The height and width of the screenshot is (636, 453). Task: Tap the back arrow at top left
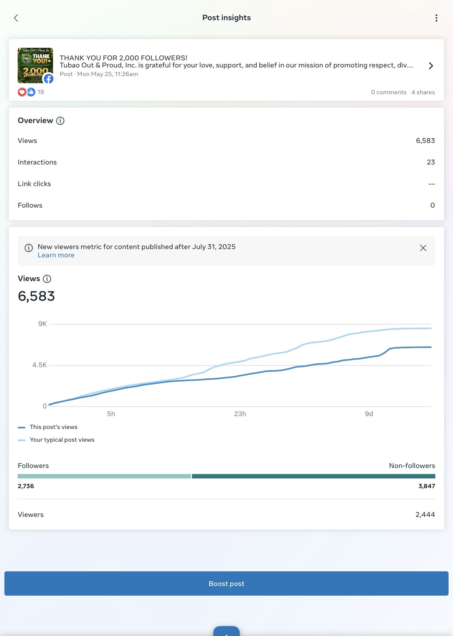tap(16, 18)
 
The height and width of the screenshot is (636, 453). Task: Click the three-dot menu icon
tap(436, 18)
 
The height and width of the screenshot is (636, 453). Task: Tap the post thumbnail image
tap(35, 66)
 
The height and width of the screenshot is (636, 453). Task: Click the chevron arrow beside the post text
tap(431, 66)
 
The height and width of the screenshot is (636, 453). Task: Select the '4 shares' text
tap(423, 92)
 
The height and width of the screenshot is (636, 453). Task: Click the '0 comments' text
tap(389, 92)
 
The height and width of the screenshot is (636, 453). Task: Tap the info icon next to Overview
tap(60, 121)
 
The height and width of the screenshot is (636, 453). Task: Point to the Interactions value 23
tap(431, 162)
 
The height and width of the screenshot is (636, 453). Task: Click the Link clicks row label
tap(34, 184)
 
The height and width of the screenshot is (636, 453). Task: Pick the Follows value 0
tap(432, 205)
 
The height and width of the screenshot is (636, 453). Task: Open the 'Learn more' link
tap(56, 255)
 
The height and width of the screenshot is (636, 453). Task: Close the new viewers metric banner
tap(423, 248)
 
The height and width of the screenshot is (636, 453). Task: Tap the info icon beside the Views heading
tap(47, 279)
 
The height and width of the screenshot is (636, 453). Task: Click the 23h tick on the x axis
tap(240, 414)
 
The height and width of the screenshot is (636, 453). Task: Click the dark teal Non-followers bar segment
tap(314, 476)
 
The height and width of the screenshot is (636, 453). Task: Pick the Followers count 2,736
tap(26, 486)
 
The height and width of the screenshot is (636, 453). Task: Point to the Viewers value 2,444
tap(425, 515)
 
